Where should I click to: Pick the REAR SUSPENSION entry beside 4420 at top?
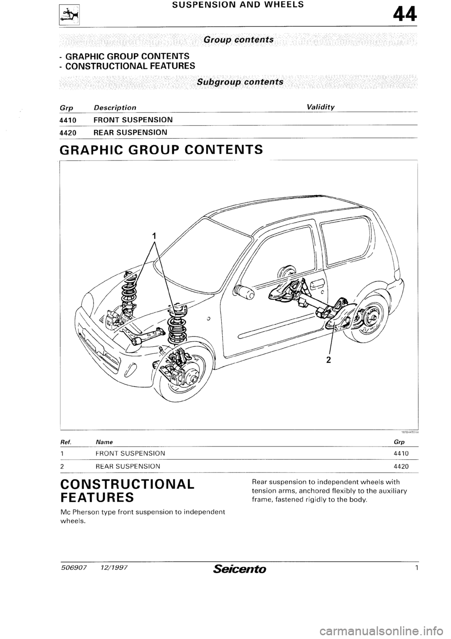click(130, 132)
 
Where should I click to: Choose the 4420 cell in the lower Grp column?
click(402, 466)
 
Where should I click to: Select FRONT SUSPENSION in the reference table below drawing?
click(130, 454)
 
